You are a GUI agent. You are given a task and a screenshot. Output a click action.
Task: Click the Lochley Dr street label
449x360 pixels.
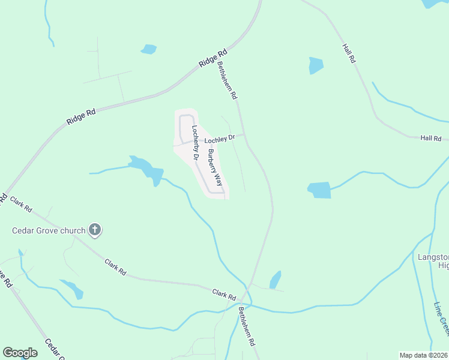[x=217, y=140]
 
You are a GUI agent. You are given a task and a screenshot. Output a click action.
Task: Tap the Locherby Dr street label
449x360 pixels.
[x=194, y=142]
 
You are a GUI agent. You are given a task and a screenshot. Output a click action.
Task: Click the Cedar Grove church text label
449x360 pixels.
[x=49, y=230]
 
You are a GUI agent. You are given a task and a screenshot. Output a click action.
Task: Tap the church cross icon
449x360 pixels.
[x=95, y=229]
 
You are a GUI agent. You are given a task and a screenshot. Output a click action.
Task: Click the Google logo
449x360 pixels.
[x=20, y=353]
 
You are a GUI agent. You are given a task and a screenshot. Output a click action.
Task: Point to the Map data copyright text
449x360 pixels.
[x=423, y=355]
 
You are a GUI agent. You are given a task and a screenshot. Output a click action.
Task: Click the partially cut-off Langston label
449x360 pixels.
[x=433, y=261]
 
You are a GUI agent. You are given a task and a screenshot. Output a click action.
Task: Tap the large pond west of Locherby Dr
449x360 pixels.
[x=146, y=169]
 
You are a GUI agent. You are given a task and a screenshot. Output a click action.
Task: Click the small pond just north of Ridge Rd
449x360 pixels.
[x=148, y=49]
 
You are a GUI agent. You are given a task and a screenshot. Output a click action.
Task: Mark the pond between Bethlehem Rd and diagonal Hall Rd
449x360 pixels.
[x=316, y=65]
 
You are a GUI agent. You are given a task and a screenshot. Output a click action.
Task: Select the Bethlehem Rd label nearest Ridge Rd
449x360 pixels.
[x=228, y=80]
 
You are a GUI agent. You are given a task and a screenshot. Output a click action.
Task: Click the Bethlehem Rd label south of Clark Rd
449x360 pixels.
[x=247, y=326]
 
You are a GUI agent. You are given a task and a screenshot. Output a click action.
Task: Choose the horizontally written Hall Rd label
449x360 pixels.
[x=431, y=138]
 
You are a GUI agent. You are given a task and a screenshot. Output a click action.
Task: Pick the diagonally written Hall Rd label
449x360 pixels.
[x=349, y=53]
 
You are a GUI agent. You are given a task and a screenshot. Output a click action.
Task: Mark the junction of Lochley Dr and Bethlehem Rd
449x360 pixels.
[x=243, y=135]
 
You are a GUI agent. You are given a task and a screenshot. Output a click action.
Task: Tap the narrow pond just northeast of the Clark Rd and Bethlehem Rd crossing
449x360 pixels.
[x=275, y=280]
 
